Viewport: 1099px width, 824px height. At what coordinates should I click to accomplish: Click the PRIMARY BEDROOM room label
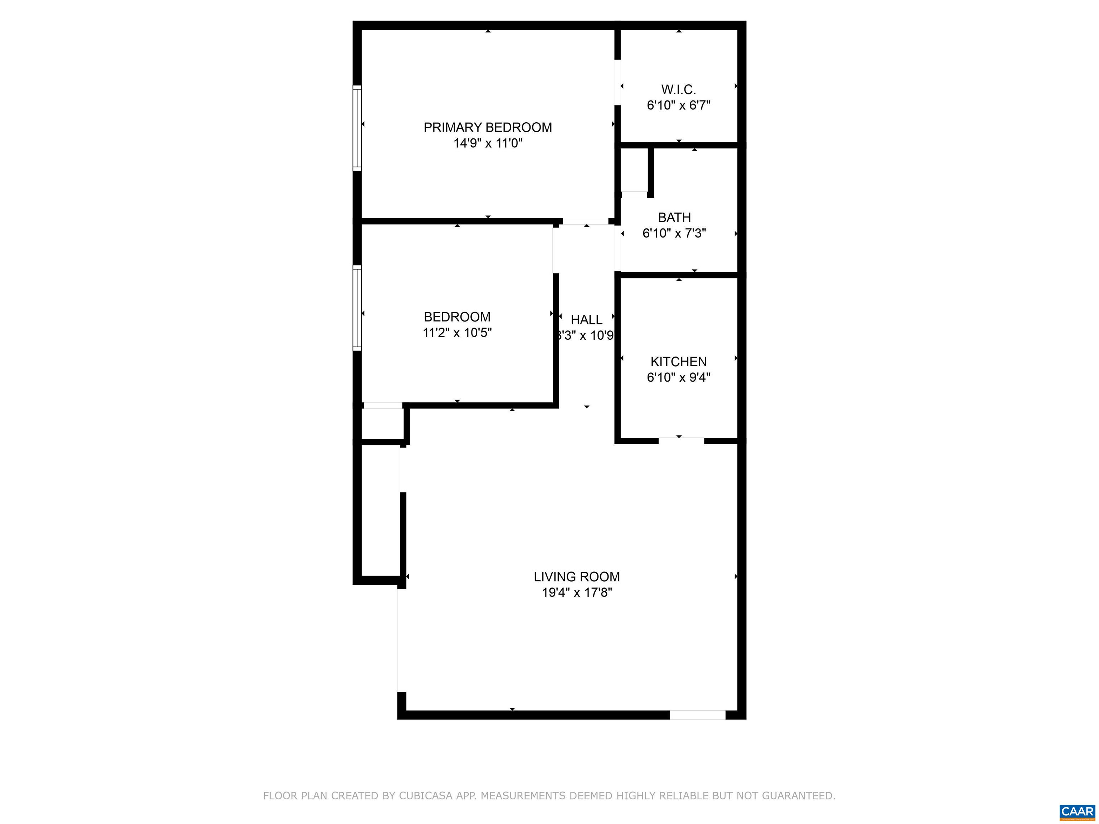pos(487,128)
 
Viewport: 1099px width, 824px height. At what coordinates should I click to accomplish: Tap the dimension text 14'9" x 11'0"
pos(487,143)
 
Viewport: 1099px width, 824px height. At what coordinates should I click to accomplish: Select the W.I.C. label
pos(678,90)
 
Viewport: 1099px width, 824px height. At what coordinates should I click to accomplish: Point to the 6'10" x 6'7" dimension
pos(678,105)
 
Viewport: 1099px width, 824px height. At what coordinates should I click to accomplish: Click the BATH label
pos(674,217)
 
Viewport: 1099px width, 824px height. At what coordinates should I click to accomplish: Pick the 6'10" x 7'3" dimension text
pos(674,234)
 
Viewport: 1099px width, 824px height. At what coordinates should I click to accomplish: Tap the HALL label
pos(586,320)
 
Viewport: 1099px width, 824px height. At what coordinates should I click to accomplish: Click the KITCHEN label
pos(678,362)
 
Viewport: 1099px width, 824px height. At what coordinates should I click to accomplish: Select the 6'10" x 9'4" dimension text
pos(678,377)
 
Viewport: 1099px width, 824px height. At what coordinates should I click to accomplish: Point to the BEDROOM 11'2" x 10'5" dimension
pos(457,333)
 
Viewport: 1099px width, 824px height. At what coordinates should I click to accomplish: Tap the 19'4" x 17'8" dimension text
pos(577,593)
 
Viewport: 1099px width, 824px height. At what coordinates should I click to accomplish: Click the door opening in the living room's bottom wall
pos(698,715)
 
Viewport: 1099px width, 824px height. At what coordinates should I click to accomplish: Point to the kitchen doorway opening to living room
pos(681,441)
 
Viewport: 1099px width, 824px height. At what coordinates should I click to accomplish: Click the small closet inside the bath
pos(634,170)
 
